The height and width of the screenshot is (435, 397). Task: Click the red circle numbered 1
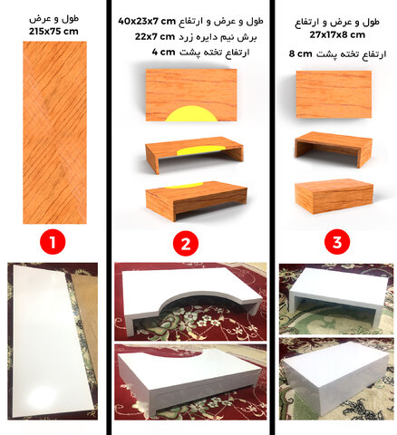[x=53, y=242]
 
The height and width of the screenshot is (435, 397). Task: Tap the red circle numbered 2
[x=186, y=244]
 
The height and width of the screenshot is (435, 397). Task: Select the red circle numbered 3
[x=337, y=242]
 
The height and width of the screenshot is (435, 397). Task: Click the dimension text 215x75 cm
[x=53, y=32]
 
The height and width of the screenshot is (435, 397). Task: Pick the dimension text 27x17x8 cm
[x=337, y=34]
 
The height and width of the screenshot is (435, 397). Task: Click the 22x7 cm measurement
[x=155, y=37]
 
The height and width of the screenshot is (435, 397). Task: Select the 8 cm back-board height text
[x=300, y=53]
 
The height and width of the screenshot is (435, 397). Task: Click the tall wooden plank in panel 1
[x=54, y=132]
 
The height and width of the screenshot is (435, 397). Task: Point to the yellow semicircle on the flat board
[x=191, y=114]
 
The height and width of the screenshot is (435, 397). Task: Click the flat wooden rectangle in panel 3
[x=334, y=94]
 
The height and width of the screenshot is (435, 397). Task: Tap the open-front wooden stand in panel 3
[x=334, y=149]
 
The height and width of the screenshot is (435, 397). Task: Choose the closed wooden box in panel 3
[x=334, y=196]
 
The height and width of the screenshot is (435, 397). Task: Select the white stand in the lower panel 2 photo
[x=189, y=379]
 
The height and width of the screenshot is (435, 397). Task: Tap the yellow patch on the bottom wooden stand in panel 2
[x=185, y=185]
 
